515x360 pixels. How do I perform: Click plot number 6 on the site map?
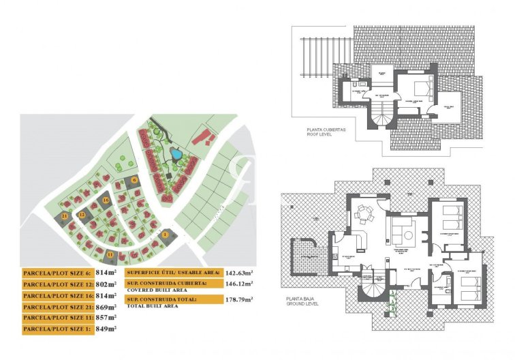coord(135,179)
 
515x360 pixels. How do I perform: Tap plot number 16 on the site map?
coord(106,200)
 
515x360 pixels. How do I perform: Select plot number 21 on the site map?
coord(65,216)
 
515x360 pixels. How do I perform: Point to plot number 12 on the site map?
coord(81,215)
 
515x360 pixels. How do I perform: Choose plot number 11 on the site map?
coord(110,254)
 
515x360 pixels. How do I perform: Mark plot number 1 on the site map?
coord(164,235)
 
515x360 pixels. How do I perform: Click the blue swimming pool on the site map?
coord(176,154)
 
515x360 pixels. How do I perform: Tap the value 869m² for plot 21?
coord(106,307)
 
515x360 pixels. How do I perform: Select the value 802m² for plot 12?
coord(106,284)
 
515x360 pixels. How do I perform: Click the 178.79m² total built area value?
coord(238,298)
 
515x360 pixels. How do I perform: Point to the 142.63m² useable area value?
coord(238,272)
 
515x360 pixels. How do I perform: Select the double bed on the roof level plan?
coord(419,89)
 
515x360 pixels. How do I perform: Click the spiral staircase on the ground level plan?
coord(373,290)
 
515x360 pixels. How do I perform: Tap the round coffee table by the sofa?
coord(409,235)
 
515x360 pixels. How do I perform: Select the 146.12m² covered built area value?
coord(238,284)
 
